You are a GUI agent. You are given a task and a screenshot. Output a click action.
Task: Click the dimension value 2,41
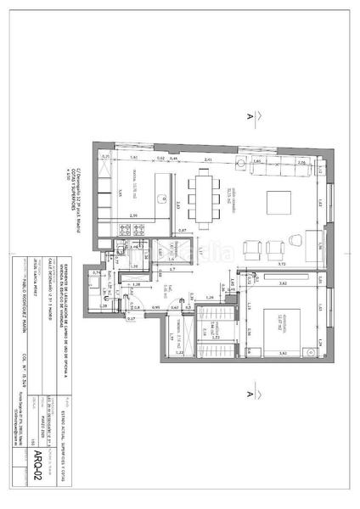pyautogui.click(x=208, y=159)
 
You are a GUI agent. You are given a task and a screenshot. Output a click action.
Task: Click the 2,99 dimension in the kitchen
pyautogui.click(x=134, y=215)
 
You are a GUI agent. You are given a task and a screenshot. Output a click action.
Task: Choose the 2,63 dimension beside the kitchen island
pyautogui.click(x=167, y=204)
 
